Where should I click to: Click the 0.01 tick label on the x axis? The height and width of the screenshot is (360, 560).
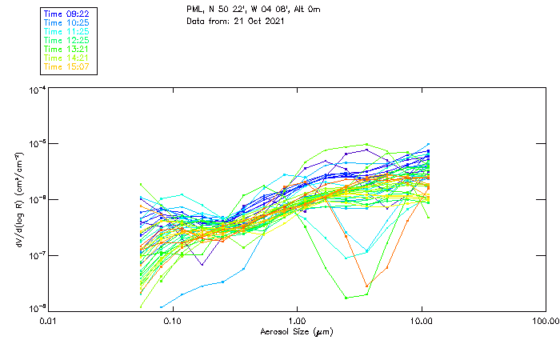49,322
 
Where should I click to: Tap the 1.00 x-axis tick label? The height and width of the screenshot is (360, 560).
297,322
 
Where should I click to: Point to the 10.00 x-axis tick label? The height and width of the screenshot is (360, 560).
421,322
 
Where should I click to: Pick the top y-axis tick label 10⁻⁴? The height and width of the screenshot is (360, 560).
36,90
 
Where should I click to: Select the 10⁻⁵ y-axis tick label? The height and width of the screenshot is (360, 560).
36,144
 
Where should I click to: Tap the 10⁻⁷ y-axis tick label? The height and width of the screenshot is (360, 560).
36,255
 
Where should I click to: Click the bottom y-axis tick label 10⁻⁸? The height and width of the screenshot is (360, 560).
36,309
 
